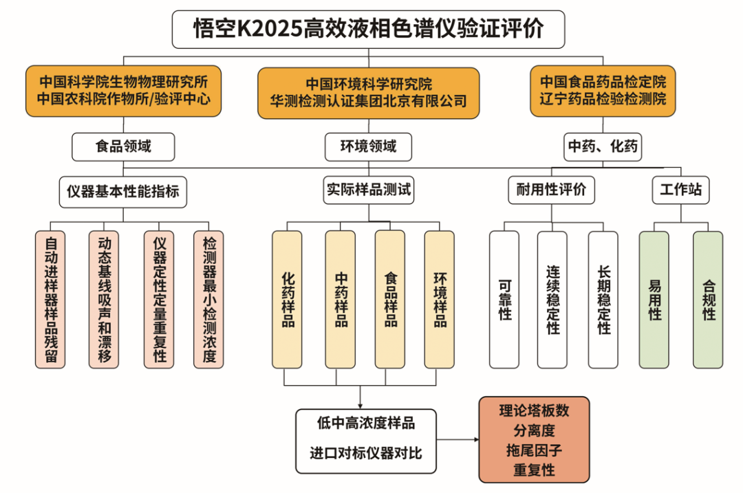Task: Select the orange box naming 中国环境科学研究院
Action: [368, 93]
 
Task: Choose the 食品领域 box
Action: [123, 146]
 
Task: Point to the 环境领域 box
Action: [369, 146]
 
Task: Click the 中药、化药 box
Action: [603, 146]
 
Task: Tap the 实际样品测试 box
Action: [369, 190]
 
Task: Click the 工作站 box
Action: [680, 190]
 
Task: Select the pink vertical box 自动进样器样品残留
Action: [51, 299]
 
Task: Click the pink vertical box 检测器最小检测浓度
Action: [209, 299]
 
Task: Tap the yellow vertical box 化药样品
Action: [288, 299]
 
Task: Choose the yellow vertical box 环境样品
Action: [440, 299]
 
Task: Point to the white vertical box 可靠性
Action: [505, 299]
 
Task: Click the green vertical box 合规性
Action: [708, 299]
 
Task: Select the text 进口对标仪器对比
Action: [366, 454]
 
